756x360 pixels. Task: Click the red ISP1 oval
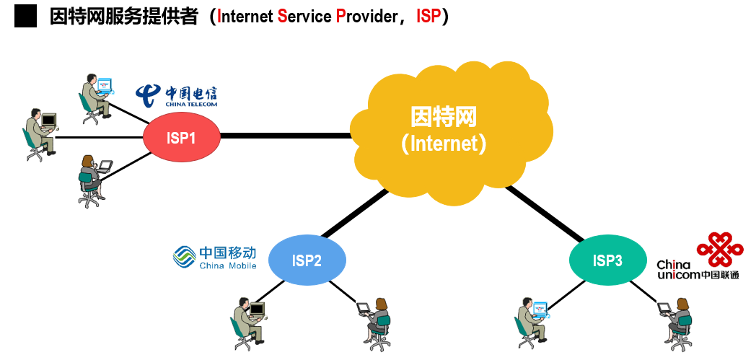pyautogui.click(x=181, y=137)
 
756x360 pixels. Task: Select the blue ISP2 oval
pyautogui.click(x=307, y=260)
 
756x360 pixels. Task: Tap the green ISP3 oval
pyautogui.click(x=607, y=260)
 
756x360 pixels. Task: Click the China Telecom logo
pyautogui.click(x=176, y=95)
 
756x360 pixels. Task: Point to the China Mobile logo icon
pyautogui.click(x=184, y=256)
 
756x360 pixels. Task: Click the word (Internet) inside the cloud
pyautogui.click(x=443, y=144)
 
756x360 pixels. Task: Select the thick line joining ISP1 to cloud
pyautogui.click(x=286, y=136)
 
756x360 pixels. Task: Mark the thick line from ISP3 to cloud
pyautogui.click(x=545, y=213)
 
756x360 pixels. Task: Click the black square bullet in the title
pyautogui.click(x=25, y=17)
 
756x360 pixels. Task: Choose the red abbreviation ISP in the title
pyautogui.click(x=428, y=17)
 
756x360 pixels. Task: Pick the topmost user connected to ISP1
pyautogui.click(x=97, y=99)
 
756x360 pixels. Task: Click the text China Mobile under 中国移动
pyautogui.click(x=227, y=265)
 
